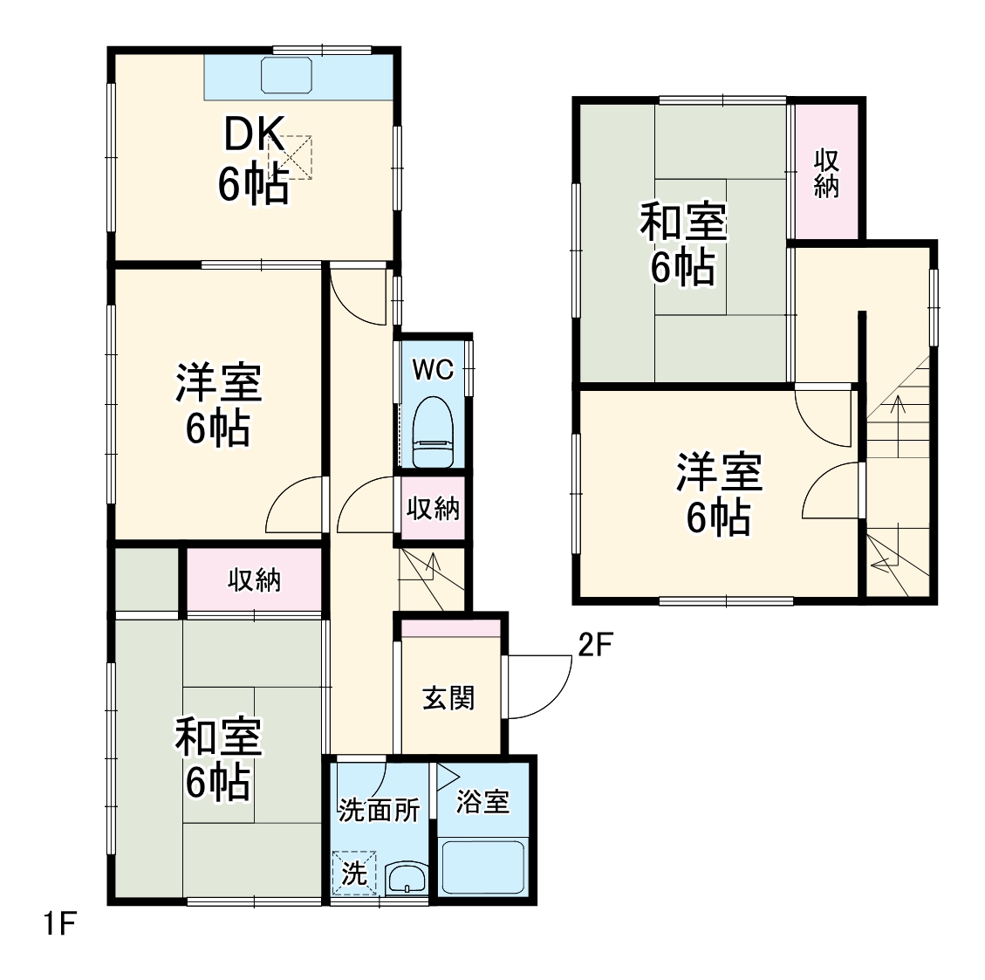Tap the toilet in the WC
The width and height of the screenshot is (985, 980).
click(433, 433)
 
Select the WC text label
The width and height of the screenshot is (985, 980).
click(433, 370)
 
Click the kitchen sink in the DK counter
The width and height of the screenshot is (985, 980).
click(288, 76)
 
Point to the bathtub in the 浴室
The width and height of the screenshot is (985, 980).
click(482, 864)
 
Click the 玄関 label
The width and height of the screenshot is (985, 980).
click(448, 698)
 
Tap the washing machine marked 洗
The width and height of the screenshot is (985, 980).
click(353, 874)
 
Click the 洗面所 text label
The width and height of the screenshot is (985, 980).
click(380, 810)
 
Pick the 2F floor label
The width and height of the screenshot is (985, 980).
click(598, 645)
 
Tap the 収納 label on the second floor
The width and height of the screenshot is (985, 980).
click(826, 173)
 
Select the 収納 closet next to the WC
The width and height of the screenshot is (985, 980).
click(434, 508)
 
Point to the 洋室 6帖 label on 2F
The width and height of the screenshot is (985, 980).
click(719, 494)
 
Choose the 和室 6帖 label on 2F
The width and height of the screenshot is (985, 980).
click(683, 244)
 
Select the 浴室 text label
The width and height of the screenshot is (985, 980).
click(482, 802)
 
